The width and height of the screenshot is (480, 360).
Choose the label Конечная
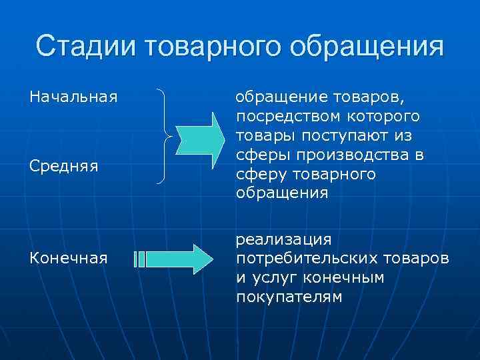[x=68, y=258]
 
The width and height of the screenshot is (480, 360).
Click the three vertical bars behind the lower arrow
[x=139, y=259]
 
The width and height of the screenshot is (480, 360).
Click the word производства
[x=347, y=155]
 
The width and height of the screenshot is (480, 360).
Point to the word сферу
[x=257, y=175]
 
